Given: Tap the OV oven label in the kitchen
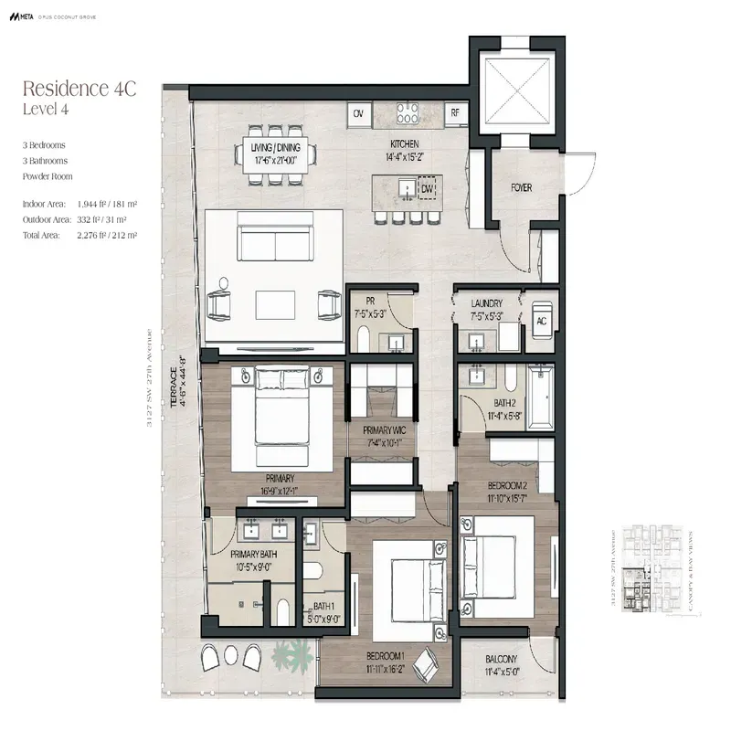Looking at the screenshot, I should click(x=359, y=113).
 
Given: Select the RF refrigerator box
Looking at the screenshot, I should click(x=454, y=113).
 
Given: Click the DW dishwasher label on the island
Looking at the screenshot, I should click(x=427, y=188).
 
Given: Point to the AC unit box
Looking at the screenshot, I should click(x=541, y=322).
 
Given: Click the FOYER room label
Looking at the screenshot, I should click(x=521, y=188).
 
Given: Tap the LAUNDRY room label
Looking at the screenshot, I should click(x=488, y=303).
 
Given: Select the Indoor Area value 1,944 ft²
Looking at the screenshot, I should click(x=102, y=205).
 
